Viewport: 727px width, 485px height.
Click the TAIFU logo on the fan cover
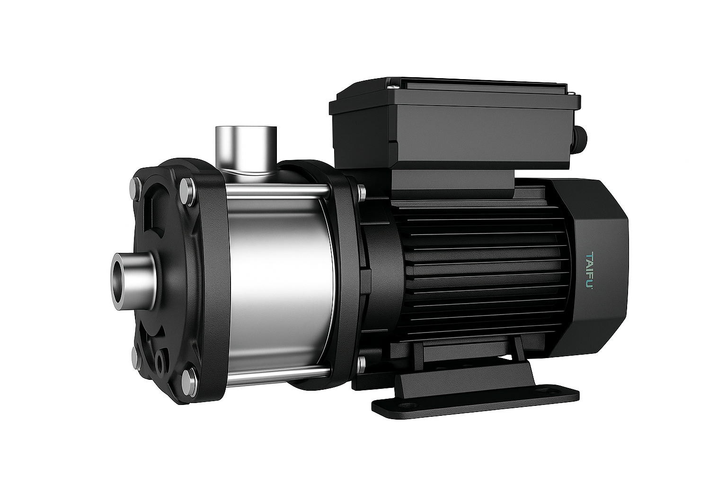pos(590,270)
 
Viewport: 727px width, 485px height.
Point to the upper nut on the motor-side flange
pos(362,192)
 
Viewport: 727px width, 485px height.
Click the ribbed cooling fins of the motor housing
pos(478,270)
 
